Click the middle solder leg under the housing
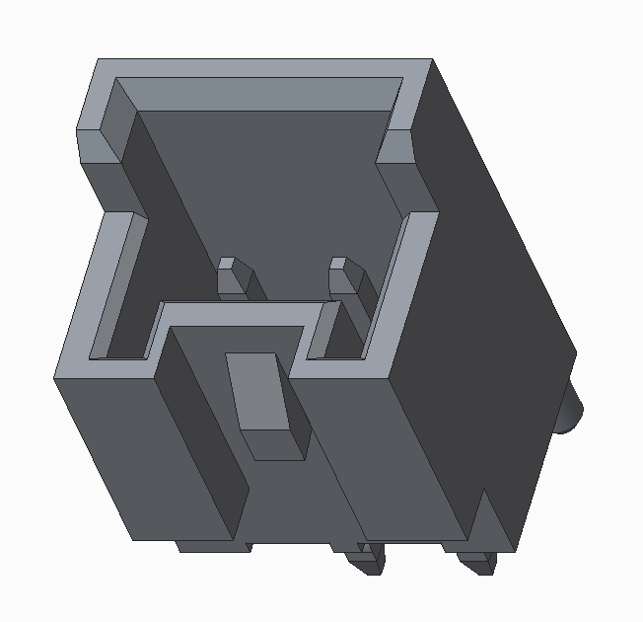[368, 560]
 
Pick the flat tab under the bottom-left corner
[202, 545]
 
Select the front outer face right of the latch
[394, 454]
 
